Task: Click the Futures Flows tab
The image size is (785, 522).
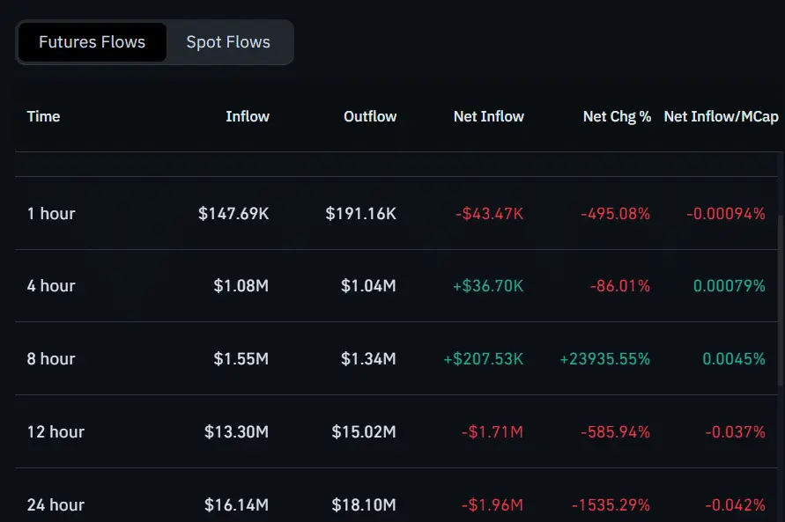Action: click(x=92, y=42)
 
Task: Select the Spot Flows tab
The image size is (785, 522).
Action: click(x=228, y=42)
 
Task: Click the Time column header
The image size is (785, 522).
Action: click(x=43, y=116)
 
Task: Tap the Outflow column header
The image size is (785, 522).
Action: click(x=370, y=116)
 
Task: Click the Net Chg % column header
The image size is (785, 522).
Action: click(x=617, y=116)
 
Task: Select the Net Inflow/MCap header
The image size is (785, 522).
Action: click(x=721, y=116)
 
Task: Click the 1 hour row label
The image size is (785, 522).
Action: click(x=51, y=213)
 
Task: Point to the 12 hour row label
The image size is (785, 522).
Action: click(x=56, y=431)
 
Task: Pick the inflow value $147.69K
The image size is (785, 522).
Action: click(x=233, y=213)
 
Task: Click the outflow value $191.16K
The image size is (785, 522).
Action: click(x=360, y=213)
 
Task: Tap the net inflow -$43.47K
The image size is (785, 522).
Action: click(x=489, y=213)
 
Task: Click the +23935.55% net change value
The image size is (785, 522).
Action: click(x=604, y=359)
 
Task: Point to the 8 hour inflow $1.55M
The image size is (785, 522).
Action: click(x=241, y=359)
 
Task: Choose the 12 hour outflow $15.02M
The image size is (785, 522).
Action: click(x=364, y=431)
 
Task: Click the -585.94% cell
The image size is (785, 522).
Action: click(x=615, y=431)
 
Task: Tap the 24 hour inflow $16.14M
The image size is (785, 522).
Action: click(x=236, y=504)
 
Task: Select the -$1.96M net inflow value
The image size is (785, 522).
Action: click(x=492, y=504)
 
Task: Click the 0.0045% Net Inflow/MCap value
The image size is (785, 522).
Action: click(x=733, y=359)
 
